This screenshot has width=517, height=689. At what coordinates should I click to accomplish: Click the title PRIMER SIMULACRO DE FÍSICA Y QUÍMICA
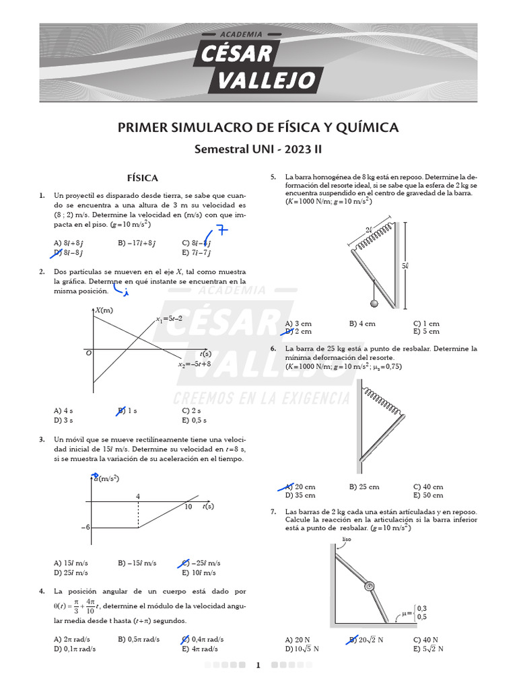(x=258, y=127)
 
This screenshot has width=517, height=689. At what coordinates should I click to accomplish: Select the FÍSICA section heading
(x=143, y=178)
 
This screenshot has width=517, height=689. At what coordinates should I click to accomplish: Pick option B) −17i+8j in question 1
(x=137, y=243)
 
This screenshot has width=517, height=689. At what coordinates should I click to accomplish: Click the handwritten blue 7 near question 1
(x=221, y=231)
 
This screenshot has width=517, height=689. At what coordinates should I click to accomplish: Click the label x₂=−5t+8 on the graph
(x=195, y=364)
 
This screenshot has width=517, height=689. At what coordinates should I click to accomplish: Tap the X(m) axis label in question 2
(x=104, y=310)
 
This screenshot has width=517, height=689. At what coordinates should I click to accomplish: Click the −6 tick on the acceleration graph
(x=85, y=528)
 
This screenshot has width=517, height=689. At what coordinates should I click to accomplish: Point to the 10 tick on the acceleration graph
(x=188, y=507)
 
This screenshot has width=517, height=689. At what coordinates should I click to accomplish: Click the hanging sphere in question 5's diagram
(x=374, y=303)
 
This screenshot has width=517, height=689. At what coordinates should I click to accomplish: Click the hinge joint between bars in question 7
(x=369, y=586)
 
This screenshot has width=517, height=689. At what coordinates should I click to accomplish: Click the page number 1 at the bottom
(x=258, y=665)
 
